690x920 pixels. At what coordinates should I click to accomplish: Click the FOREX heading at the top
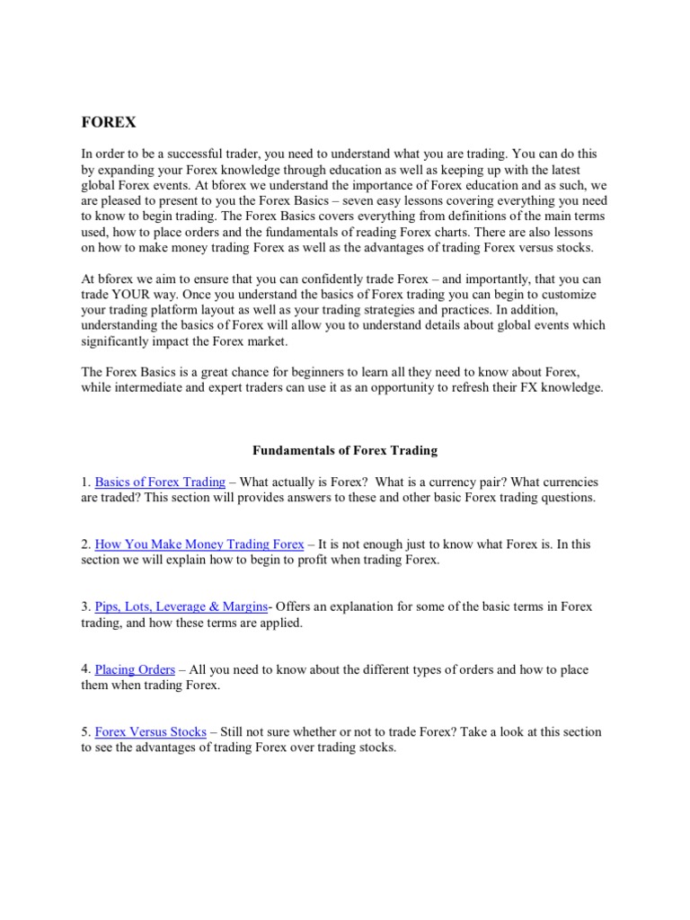click(x=109, y=122)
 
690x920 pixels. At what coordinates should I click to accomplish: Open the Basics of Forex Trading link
click(x=160, y=482)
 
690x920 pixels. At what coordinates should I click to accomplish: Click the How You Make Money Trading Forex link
click(x=199, y=544)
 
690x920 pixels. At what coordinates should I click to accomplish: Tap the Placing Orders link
click(x=136, y=669)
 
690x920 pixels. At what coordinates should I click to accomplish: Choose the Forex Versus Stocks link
click(x=150, y=732)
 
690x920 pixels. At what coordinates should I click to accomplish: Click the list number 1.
click(x=85, y=482)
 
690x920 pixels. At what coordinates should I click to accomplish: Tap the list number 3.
click(x=85, y=607)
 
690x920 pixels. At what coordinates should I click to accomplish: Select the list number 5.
click(x=85, y=732)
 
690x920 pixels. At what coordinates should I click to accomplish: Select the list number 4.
click(x=85, y=669)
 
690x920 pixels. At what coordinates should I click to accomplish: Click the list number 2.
click(x=85, y=544)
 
